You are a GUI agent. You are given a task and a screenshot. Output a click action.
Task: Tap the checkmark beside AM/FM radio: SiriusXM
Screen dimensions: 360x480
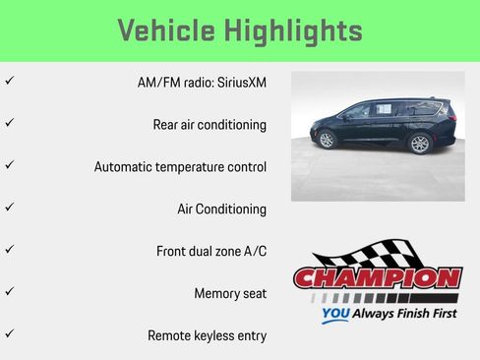(x=9, y=81)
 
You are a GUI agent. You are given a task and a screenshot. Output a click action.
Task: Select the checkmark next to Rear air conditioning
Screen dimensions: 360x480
(x=9, y=123)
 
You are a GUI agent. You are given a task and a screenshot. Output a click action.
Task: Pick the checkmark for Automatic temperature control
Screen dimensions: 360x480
(x=9, y=165)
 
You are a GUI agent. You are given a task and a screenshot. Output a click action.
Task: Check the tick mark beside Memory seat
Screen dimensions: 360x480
(x=9, y=292)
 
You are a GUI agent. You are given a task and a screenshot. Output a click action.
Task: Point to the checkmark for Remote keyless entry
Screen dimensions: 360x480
(x=9, y=334)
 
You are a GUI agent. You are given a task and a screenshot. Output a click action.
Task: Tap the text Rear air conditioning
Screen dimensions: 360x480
(x=210, y=125)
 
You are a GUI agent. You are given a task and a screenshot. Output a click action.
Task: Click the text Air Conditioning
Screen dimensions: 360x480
(x=221, y=210)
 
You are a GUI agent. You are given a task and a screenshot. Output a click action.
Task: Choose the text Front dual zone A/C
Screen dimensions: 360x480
(x=211, y=252)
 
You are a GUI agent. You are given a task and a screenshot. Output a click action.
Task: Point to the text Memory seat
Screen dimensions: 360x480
(x=230, y=293)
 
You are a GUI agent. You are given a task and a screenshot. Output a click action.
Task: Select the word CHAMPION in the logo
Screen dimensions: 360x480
(x=377, y=278)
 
